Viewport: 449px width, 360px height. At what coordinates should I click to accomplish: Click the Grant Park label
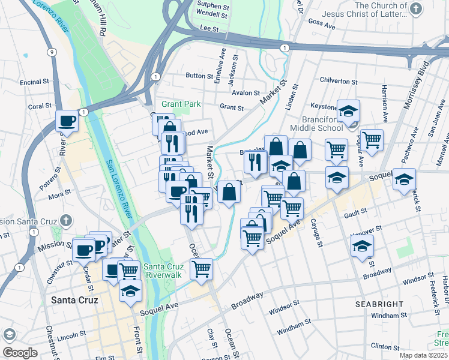(181, 104)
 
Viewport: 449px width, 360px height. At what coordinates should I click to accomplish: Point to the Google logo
(20, 353)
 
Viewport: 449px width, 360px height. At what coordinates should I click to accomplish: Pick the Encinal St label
(34, 82)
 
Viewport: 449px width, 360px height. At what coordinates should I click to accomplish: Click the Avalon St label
(246, 93)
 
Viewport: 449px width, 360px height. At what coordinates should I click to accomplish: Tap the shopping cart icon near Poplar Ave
(372, 140)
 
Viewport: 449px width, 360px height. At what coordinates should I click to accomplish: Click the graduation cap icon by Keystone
(348, 110)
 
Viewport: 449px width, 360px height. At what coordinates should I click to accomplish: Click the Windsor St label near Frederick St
(418, 280)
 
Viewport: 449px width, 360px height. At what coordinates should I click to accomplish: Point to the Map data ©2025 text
(423, 355)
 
